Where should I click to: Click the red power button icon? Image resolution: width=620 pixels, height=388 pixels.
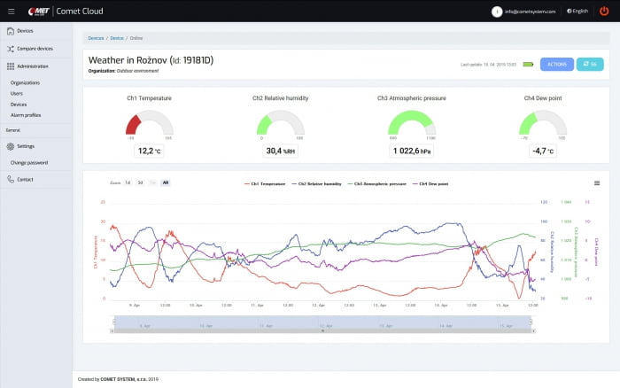click(604, 11)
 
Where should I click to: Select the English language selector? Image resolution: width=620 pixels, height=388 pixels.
click(579, 11)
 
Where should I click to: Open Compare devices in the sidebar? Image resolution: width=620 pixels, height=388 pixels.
click(35, 49)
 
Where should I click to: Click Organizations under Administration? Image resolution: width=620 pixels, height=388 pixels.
click(26, 82)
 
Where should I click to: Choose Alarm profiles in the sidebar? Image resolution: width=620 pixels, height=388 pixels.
click(26, 114)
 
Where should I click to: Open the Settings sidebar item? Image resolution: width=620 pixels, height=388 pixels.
click(26, 146)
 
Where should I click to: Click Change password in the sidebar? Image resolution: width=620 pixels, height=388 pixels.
click(29, 163)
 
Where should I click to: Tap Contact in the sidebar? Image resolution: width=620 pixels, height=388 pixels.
click(25, 179)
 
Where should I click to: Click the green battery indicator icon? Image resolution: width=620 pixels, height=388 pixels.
click(529, 65)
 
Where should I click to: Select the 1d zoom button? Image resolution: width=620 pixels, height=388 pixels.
click(128, 182)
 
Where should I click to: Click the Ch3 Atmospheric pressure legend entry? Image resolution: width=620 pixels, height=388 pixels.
click(380, 182)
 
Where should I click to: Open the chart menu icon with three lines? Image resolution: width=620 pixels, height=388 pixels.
click(597, 182)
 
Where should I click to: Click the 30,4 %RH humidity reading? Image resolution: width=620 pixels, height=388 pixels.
click(280, 151)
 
